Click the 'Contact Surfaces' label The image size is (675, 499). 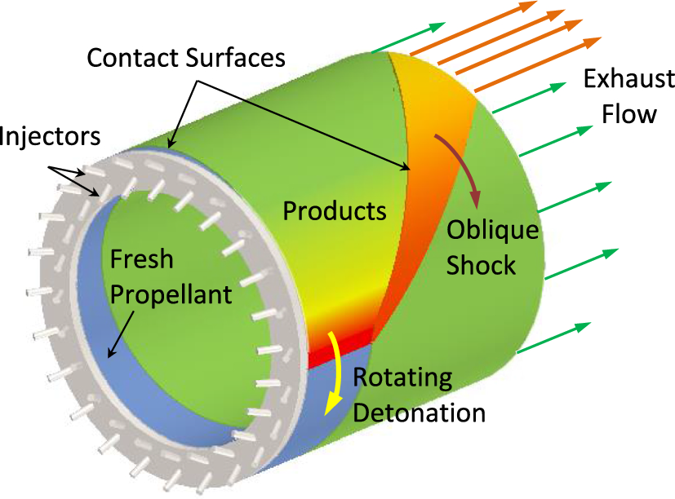coord(186,59)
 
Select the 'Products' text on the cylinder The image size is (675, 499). coord(334,211)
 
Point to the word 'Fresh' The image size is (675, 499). coord(141,259)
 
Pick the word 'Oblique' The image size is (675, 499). coord(492,231)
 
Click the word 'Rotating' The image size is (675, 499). coord(402,378)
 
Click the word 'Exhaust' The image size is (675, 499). coord(628,80)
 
